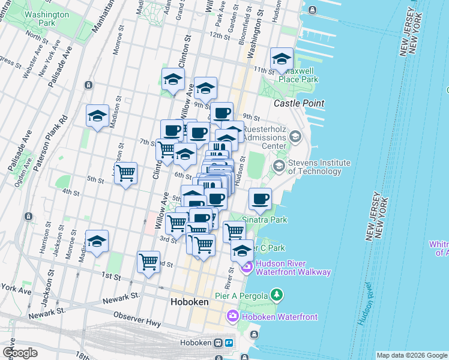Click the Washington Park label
[x=47, y=18]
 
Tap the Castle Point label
[x=299, y=103]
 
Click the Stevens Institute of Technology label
[x=319, y=167]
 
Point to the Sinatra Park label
[x=264, y=220]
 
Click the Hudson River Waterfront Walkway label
[x=293, y=268]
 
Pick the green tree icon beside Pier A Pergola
[x=276, y=295]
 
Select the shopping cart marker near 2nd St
[x=148, y=262]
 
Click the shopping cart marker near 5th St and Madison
[x=125, y=173]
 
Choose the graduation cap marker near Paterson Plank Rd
[x=97, y=116]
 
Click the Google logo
[x=20, y=353]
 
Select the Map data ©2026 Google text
[x=412, y=355]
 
